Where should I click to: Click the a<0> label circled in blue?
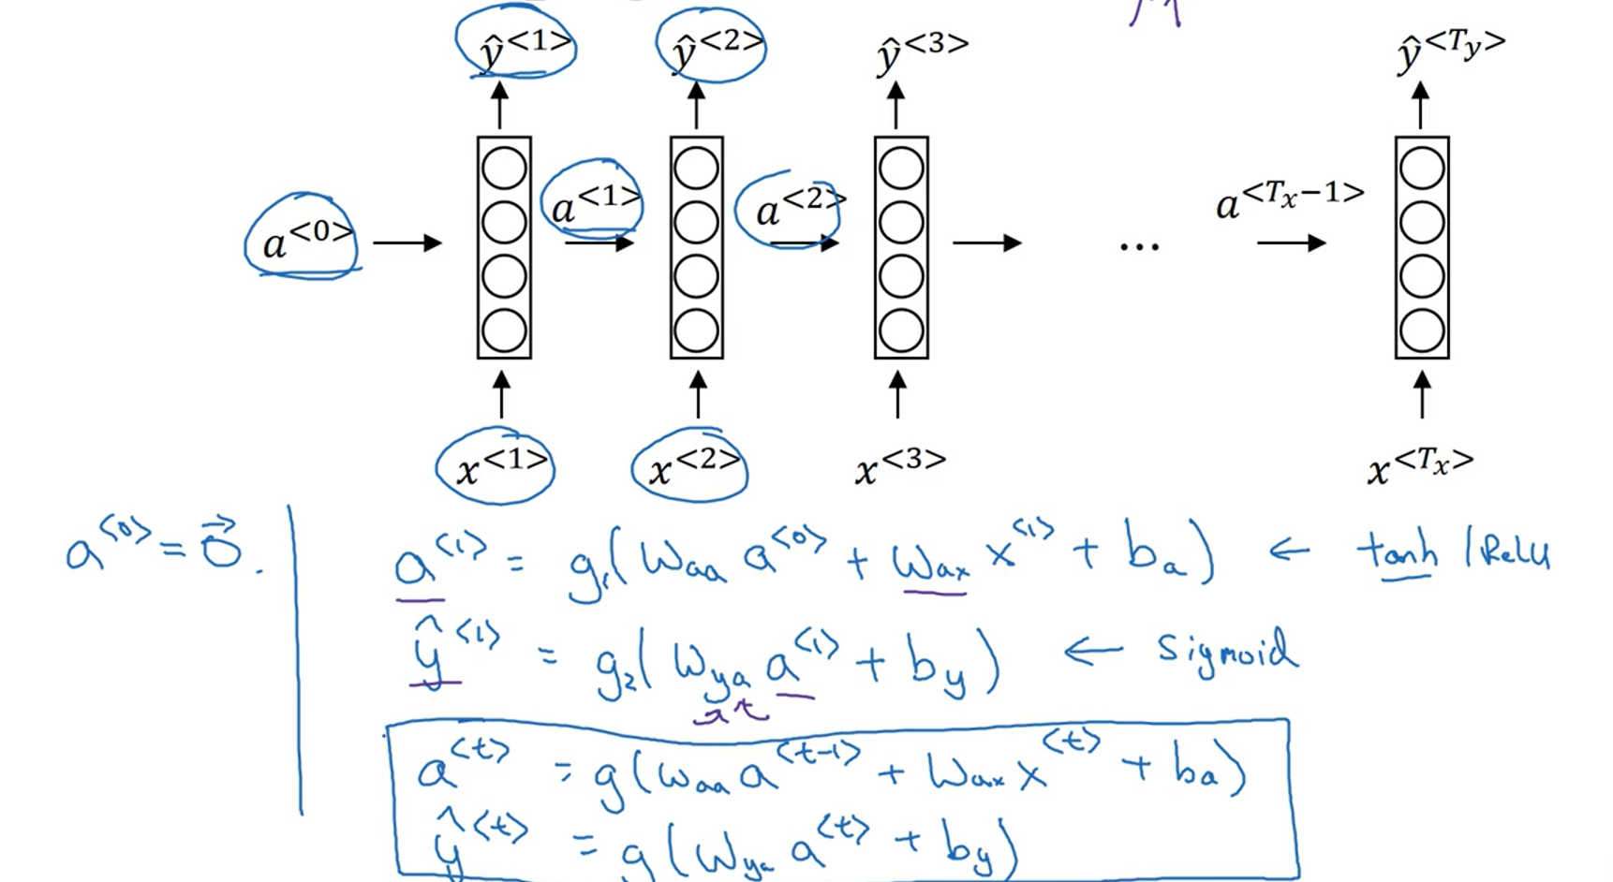click(305, 238)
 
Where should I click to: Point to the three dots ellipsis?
click(1139, 246)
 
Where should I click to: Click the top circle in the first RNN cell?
click(504, 169)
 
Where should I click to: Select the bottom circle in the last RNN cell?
click(1422, 331)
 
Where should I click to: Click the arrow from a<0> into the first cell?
click(407, 243)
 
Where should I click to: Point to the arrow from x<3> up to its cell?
click(897, 394)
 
